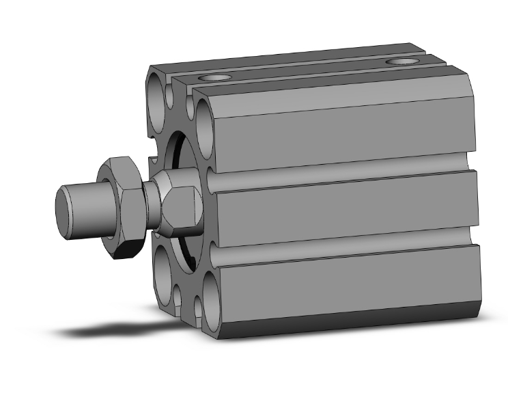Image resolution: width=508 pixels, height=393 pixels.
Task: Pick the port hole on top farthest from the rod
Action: (x=401, y=63)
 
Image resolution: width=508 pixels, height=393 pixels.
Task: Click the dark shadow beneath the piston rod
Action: (x=102, y=331)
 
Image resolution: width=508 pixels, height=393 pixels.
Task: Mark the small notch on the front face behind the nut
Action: (x=154, y=162)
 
